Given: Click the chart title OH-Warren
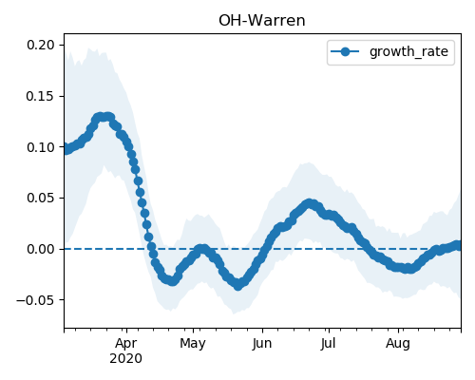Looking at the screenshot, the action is tap(262, 21).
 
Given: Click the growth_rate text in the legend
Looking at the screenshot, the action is tap(408, 51).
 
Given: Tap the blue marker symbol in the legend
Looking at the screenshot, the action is tap(345, 51).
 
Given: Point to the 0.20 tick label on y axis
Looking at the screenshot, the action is tap(41, 45).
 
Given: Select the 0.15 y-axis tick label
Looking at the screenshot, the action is tap(41, 96).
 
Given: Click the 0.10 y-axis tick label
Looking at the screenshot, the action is tap(41, 147).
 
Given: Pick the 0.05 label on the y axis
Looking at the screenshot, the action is tap(41, 198).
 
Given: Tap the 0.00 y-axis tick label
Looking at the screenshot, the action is tap(41, 249).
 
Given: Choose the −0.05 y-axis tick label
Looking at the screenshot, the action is tap(35, 300).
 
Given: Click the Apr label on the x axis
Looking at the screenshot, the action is tap(126, 343).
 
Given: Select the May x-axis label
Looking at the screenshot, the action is tap(193, 343).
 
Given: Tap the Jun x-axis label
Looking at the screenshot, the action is tap(262, 343).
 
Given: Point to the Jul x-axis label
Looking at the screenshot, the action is tap(328, 343).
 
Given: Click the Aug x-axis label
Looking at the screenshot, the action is tap(398, 343).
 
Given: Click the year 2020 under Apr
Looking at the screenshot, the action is tap(125, 359).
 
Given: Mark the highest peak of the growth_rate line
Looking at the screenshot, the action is tap(104, 117).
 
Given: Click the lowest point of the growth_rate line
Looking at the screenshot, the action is tap(238, 286).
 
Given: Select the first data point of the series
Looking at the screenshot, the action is tap(65, 148).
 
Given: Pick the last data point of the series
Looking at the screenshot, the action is tap(459, 245).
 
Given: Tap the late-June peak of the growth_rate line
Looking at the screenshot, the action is tap(310, 204).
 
